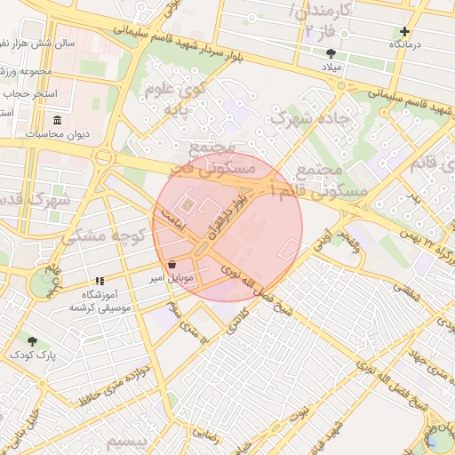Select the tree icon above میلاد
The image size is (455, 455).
pyautogui.click(x=331, y=53)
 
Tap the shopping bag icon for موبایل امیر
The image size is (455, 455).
pyautogui.click(x=172, y=265)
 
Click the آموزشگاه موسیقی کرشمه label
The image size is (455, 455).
pyautogui.click(x=100, y=300)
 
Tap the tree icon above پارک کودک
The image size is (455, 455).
pyautogui.click(x=33, y=341)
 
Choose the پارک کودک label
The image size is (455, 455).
pyautogui.click(x=33, y=355)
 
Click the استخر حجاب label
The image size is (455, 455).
pyautogui.click(x=30, y=92)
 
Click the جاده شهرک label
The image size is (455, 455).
pyautogui.click(x=311, y=117)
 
